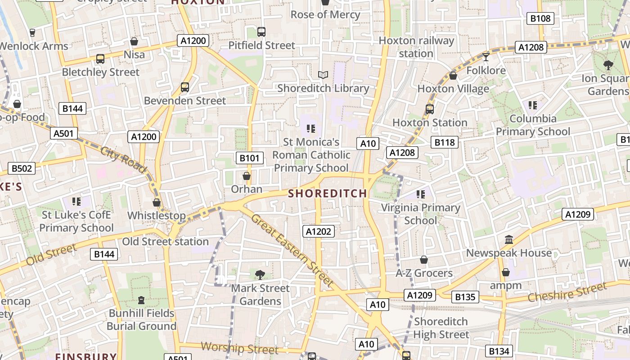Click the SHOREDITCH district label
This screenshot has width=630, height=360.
coord(327,193)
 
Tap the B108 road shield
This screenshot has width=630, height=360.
coord(540,18)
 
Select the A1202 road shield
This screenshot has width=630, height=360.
coord(318,231)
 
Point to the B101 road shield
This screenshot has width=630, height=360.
coord(249,158)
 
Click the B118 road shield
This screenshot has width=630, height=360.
coord(445,143)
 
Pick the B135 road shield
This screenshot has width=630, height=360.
coord(465,297)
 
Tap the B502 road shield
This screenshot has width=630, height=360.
coord(22,169)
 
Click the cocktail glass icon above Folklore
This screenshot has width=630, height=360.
coord(486,57)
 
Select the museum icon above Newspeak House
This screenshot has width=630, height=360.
coord(509,239)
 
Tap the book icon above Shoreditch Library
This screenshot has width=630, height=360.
coord(323,75)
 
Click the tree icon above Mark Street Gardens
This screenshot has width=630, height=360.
coord(260,274)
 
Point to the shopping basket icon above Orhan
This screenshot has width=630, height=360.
coord(247,175)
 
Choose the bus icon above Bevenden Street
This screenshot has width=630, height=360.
coord(185,87)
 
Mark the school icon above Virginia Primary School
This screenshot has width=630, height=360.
coord(421,194)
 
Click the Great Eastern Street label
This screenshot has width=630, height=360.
coord(292,250)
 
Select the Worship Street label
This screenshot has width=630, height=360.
coord(239,348)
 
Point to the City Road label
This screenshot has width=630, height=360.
coord(124,160)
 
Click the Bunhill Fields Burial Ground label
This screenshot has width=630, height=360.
coord(141,319)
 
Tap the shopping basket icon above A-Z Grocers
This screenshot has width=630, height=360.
coord(423,260)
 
